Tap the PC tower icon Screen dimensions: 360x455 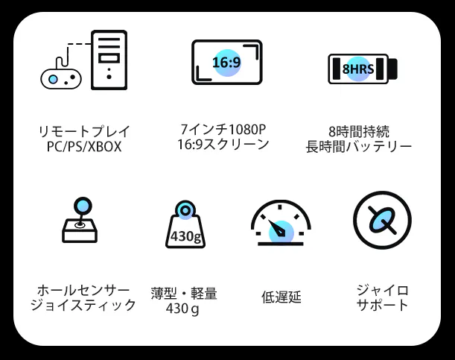(x=109, y=59)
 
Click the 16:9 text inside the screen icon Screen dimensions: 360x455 (x=226, y=62)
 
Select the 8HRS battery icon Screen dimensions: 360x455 (x=363, y=69)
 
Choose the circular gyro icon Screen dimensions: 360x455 (x=381, y=220)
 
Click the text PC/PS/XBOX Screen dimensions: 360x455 (x=83, y=147)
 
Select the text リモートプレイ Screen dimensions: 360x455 (x=83, y=132)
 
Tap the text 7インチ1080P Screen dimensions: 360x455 (x=224, y=129)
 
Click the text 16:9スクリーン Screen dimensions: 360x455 (x=223, y=145)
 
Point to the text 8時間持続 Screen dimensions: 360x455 (x=358, y=131)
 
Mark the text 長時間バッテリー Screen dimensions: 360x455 (x=358, y=147)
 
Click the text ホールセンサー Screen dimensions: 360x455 (x=83, y=290)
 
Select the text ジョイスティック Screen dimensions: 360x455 (x=83, y=305)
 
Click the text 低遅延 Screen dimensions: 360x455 (x=281, y=297)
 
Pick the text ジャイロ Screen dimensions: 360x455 (x=381, y=290)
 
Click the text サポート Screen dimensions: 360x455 (x=381, y=305)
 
